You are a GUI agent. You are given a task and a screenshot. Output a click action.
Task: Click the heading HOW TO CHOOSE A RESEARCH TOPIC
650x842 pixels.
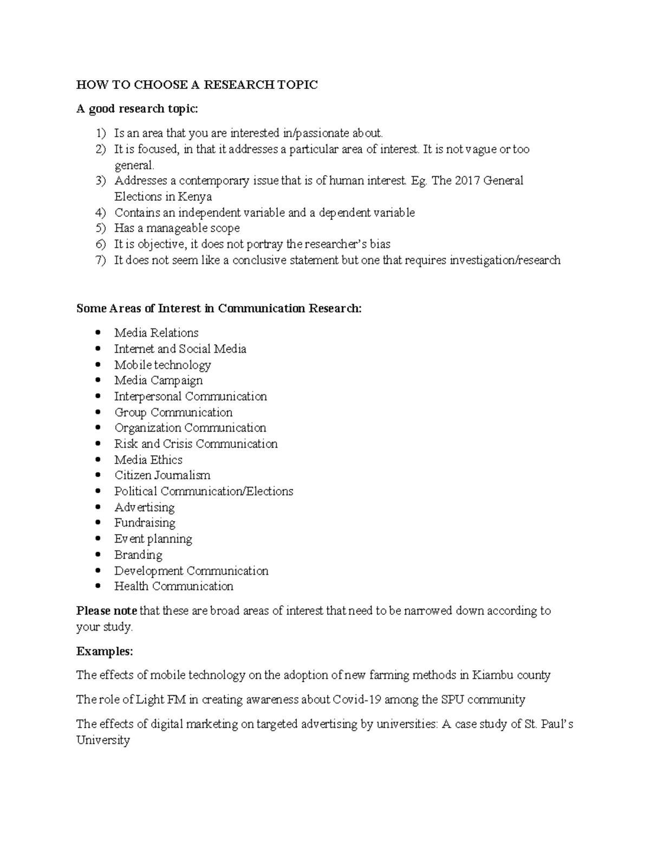click(197, 85)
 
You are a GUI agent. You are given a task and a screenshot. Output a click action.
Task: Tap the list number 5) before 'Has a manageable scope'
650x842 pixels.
click(101, 228)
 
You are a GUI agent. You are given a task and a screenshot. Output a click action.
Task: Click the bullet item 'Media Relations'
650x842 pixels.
click(156, 333)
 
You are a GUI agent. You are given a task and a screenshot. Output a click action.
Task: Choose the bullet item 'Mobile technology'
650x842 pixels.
click(162, 365)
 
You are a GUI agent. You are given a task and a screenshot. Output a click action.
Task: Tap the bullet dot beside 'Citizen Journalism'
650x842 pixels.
click(97, 475)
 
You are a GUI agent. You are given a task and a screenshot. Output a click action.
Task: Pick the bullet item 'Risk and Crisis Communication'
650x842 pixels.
click(196, 444)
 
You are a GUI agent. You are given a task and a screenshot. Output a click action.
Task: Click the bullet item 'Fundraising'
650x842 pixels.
click(145, 523)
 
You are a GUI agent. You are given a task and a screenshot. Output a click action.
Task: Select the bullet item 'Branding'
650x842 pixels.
click(138, 555)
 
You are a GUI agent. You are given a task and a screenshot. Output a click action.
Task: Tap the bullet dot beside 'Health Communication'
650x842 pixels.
click(97, 587)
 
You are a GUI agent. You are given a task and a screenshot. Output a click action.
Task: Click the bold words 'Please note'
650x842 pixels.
click(107, 611)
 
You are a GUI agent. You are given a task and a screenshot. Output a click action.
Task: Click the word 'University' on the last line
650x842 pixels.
click(103, 741)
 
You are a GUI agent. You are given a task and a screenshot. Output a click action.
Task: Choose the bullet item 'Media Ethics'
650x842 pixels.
click(148, 460)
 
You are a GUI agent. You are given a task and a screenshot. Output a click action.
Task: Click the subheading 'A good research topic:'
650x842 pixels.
click(138, 109)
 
